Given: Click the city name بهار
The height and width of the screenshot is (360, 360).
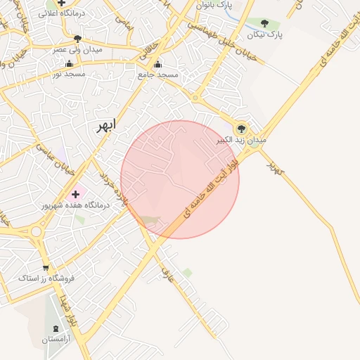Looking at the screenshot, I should click(103, 127).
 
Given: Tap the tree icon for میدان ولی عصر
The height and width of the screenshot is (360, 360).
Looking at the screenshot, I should click(77, 39).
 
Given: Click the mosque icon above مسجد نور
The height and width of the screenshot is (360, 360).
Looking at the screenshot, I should click(69, 64).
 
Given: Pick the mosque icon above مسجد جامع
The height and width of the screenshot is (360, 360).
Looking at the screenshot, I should click(157, 64).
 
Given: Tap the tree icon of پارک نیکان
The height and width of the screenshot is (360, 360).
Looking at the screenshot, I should click(264, 23).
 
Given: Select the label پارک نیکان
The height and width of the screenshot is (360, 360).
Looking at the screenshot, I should click(264, 34).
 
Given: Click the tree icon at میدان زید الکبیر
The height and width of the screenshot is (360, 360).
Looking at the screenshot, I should click(241, 129).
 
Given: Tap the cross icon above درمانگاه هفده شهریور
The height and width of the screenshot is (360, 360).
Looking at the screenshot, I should click(76, 193).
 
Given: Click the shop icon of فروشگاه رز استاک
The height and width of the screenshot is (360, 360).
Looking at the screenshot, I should click(46, 268).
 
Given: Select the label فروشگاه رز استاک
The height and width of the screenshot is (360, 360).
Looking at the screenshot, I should click(46, 278).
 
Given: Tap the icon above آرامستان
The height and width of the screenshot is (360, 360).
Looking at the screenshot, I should click(56, 328).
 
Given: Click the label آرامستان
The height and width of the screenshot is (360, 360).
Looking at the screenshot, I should click(56, 340).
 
